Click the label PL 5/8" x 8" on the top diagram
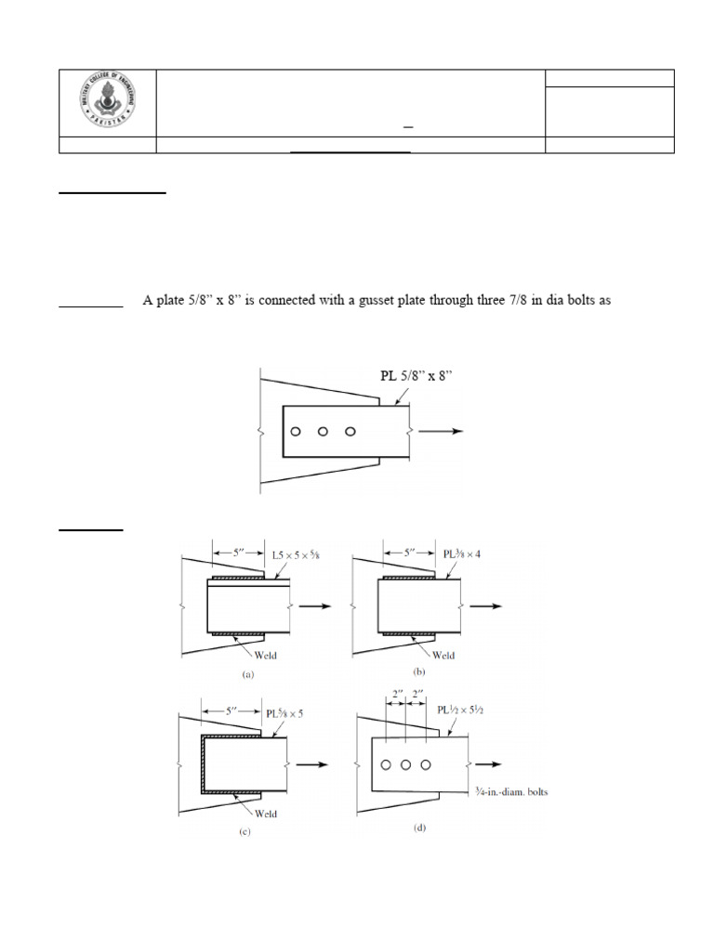[421, 376]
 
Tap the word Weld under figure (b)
[443, 655]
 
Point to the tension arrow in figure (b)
[486, 606]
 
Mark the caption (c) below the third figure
[245, 832]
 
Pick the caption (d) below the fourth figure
[418, 824]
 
